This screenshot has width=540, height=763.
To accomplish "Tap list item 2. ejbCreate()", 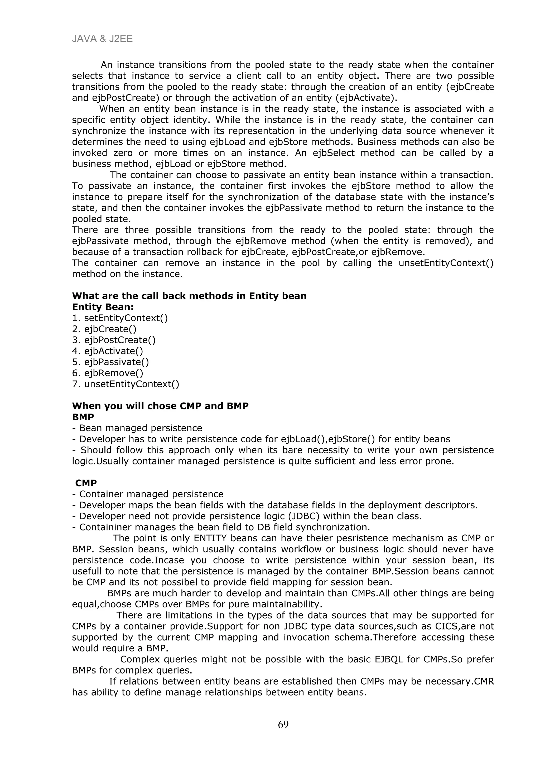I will pos(104,329).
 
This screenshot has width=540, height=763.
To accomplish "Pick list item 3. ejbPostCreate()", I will pos(114,340).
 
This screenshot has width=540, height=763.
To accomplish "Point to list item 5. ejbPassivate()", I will pos(110,362).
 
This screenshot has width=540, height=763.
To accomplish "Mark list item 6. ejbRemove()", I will pos(108,373).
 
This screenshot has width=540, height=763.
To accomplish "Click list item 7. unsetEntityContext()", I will pos(126,384).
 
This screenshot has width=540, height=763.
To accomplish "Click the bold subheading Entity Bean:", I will pos(103,307).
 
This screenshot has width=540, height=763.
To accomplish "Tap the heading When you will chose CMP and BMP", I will pos(160,406).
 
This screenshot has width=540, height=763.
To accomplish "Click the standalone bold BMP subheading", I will pos(83,417).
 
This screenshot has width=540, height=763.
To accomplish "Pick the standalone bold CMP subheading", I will pos(86,483).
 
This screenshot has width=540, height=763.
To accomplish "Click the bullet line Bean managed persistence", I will pos(137,428).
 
